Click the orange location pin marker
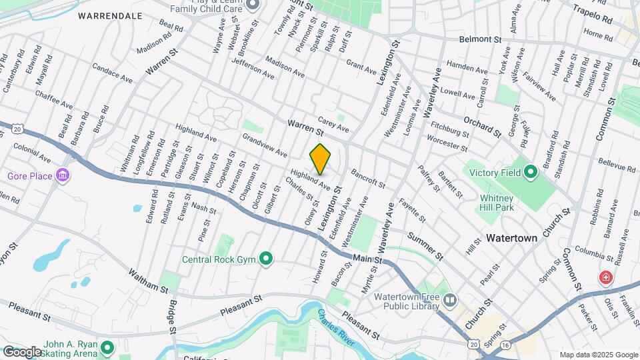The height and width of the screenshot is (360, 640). pos(321,159)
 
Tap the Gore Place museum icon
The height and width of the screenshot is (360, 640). pos(63,176)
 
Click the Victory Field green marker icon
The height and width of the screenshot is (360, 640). pos(531,173)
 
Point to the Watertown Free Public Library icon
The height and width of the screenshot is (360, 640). pos(450,301)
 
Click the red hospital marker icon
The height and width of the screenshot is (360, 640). pos(605,277)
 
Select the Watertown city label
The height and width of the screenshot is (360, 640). pos(511,237)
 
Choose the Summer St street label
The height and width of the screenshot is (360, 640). pos(425,246)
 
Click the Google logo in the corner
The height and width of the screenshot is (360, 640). pos(22,351)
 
